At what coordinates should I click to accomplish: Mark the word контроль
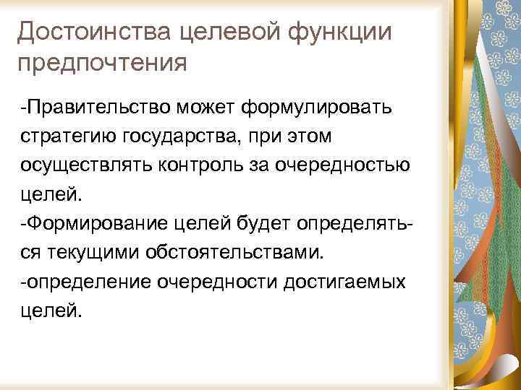pyautogui.click(x=206, y=164)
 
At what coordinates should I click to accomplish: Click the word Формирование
pyautogui.click(x=98, y=220)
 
